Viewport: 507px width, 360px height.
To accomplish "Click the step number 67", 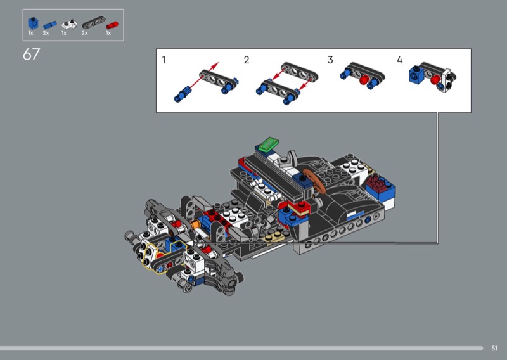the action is click(x=31, y=54).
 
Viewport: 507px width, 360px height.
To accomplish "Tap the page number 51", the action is click(x=494, y=348).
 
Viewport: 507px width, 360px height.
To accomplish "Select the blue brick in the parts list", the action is click(x=33, y=23).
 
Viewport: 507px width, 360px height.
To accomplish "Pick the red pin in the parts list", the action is click(x=112, y=25).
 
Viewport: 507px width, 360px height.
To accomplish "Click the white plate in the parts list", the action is click(x=69, y=24).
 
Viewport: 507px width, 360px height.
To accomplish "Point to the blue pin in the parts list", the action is click(x=50, y=25).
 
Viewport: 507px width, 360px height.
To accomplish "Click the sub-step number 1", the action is click(x=164, y=60).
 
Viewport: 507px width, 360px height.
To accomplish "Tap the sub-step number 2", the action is click(x=247, y=60).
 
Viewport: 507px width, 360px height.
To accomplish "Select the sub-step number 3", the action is click(x=330, y=60).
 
